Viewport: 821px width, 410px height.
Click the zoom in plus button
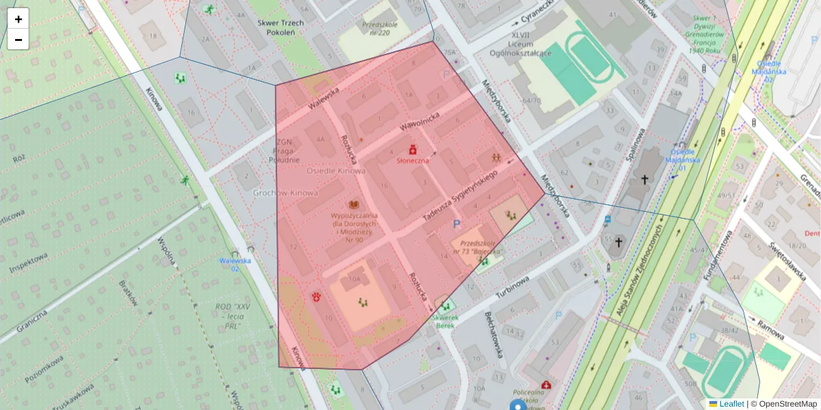(x=18, y=19)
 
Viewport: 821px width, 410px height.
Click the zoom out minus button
(x=18, y=40)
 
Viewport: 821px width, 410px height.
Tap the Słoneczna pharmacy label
(x=413, y=160)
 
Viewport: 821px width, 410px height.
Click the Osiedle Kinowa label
(x=336, y=171)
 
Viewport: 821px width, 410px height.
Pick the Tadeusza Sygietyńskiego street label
(x=459, y=196)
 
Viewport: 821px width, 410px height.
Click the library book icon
(x=354, y=204)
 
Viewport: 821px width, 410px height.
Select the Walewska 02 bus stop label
(x=235, y=264)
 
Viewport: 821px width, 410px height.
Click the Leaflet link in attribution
(x=731, y=404)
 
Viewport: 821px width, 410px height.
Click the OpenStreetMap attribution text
(x=787, y=404)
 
